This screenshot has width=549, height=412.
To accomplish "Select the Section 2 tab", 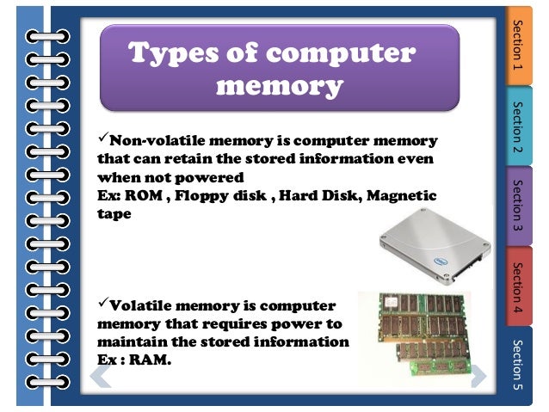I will click(x=518, y=126).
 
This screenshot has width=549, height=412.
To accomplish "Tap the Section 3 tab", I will click(x=518, y=207).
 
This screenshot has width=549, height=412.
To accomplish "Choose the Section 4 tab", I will click(x=518, y=285).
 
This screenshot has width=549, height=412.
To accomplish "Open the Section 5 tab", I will click(x=518, y=365).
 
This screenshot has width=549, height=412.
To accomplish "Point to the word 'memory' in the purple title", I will click(x=279, y=86).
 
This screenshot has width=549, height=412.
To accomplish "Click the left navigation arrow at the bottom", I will click(x=102, y=375).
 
